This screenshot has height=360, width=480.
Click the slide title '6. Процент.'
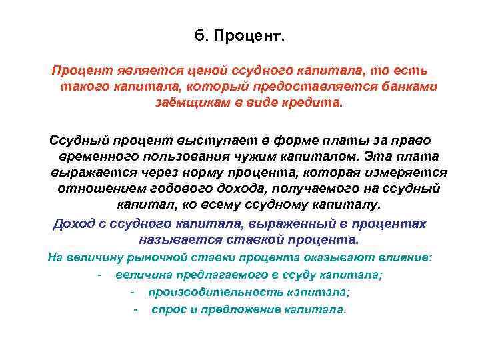(x=239, y=35)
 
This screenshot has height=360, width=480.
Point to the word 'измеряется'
(x=407, y=173)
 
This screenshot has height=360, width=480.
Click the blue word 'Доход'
(x=74, y=223)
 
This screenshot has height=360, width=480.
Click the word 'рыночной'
(x=140, y=258)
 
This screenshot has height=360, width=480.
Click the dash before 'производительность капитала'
(x=134, y=293)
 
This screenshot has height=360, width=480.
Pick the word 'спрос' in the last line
(x=166, y=310)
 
